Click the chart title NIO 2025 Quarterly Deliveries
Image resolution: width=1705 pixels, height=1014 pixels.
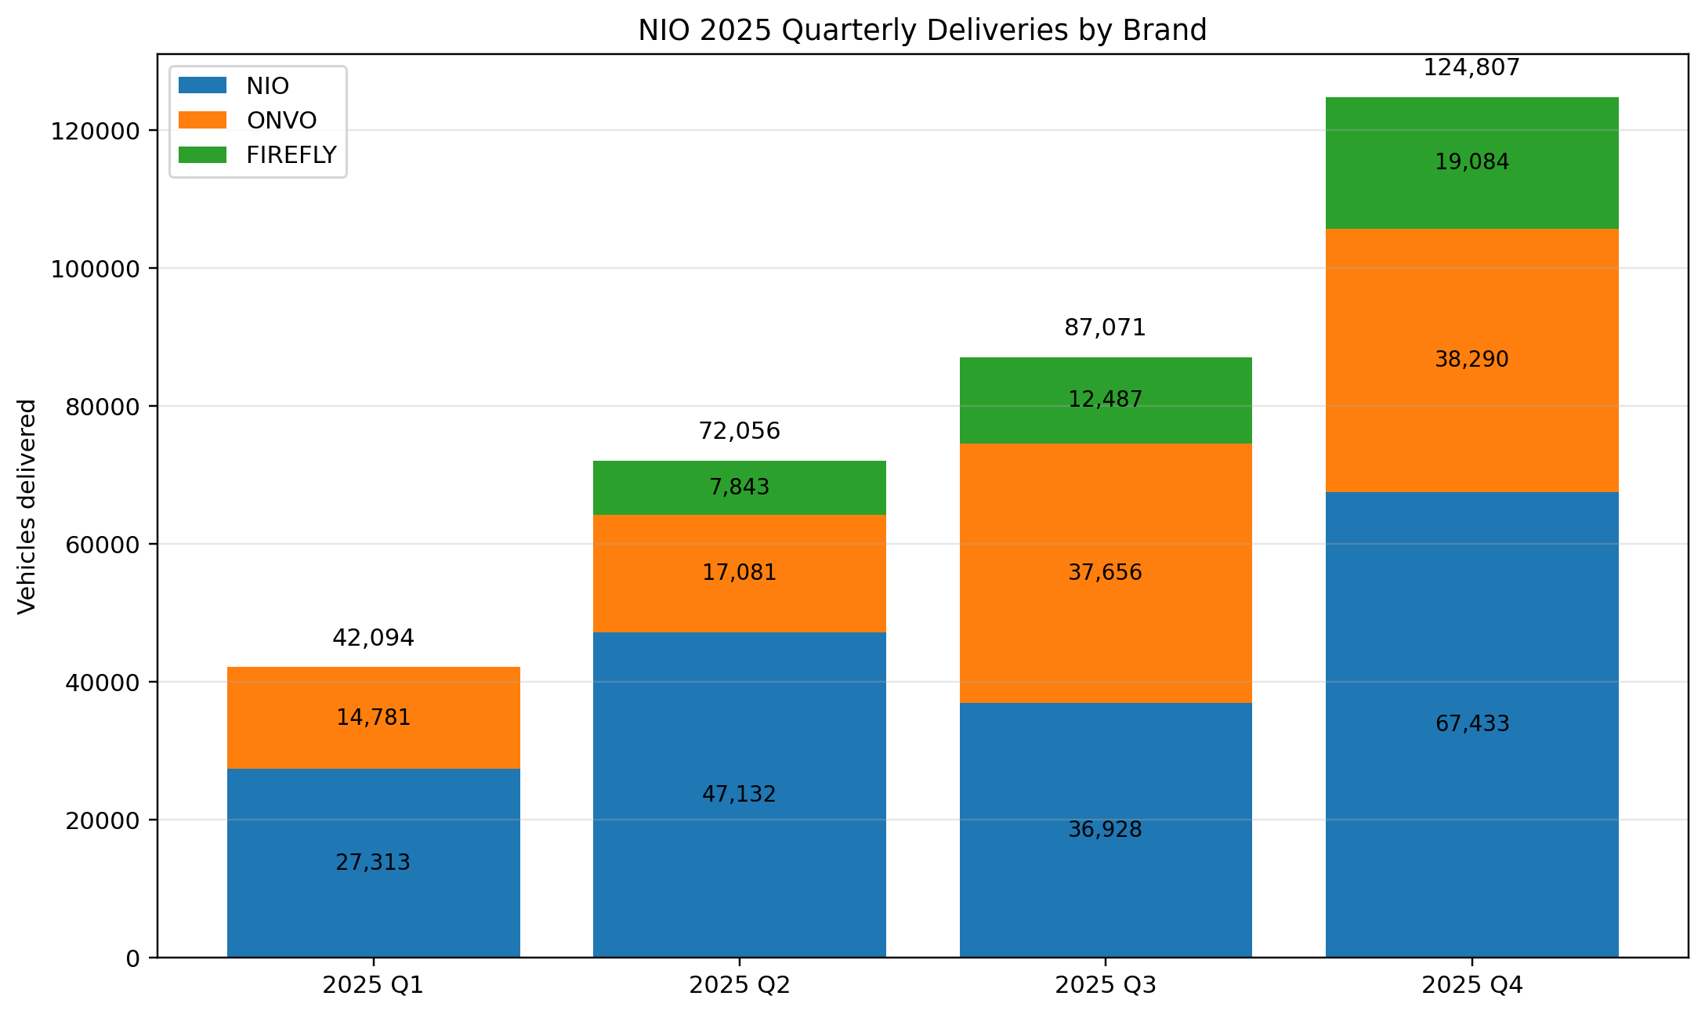[922, 31]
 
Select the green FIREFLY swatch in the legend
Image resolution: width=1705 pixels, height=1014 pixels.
[202, 155]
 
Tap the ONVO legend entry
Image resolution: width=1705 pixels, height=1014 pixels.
[281, 121]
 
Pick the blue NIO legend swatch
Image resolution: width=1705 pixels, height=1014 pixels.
[202, 85]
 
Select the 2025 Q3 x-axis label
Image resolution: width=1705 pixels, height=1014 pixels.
[1106, 985]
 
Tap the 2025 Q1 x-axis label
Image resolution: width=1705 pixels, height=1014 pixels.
[373, 985]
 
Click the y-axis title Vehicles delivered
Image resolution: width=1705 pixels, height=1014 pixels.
[27, 506]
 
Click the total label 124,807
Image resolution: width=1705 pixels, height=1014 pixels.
[1472, 68]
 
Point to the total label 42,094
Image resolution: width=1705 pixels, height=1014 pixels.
[373, 638]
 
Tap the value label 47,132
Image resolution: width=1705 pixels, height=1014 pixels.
[739, 795]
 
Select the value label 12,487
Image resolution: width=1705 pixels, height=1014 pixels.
[1106, 400]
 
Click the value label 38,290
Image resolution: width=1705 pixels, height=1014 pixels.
[1472, 360]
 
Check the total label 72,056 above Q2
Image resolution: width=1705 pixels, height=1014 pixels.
[739, 431]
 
